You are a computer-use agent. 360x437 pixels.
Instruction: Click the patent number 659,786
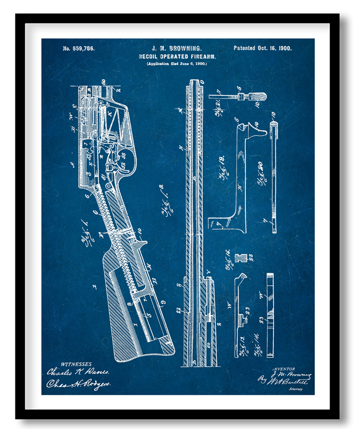[79, 49]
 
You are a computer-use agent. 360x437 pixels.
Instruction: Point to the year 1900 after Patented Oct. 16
[285, 48]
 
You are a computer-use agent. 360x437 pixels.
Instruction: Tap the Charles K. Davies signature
[78, 372]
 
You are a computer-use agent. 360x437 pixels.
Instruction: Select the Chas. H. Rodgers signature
[79, 384]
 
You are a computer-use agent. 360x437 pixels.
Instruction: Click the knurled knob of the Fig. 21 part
[257, 96]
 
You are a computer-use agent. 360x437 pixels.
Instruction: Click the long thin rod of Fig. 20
[274, 179]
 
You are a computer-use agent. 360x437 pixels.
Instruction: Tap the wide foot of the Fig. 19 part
[227, 224]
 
